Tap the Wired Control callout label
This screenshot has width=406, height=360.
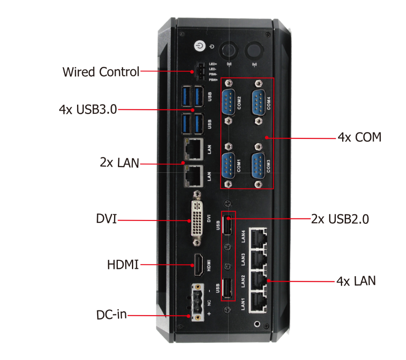pos(101,72)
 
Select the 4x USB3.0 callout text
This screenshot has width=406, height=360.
pos(88,109)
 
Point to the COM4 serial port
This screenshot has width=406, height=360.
pos(259,102)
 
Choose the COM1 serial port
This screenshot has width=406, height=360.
pos(229,165)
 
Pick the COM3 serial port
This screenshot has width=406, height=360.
pos(258,165)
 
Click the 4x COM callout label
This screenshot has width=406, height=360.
pos(359,137)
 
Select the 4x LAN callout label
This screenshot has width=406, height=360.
pos(356,281)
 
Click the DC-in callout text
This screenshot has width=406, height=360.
pos(111,315)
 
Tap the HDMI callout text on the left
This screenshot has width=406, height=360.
pos(123,265)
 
